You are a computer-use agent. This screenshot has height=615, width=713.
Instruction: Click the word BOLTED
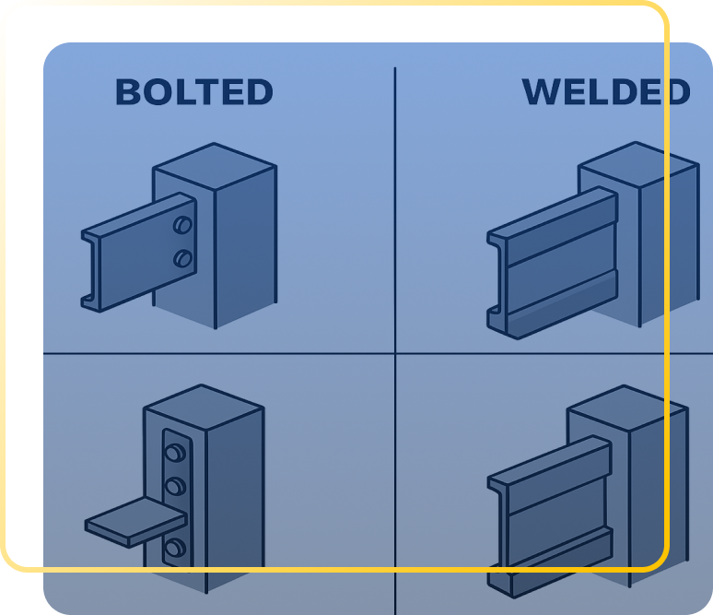[x=194, y=92]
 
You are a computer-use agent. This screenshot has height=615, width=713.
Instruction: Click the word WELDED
[x=606, y=92]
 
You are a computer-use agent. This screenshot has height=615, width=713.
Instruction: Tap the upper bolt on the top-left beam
[x=182, y=225]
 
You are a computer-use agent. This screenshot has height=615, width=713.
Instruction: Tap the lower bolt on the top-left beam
[x=182, y=258]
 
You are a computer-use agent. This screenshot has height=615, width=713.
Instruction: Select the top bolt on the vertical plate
[x=175, y=453]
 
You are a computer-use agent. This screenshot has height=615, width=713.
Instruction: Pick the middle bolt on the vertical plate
[x=175, y=486]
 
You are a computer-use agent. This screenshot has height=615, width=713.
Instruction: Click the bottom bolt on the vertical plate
[x=175, y=547]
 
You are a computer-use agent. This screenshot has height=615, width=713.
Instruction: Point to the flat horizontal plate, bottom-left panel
[x=135, y=522]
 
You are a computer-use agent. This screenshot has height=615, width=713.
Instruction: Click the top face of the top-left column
[x=214, y=166]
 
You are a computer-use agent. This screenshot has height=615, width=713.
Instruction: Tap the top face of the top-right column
[x=638, y=164]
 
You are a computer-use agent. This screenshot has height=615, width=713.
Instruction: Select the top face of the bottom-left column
[x=204, y=407]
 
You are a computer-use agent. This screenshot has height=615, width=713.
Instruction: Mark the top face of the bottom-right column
[x=626, y=408]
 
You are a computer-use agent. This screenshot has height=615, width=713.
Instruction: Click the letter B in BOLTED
[x=127, y=92]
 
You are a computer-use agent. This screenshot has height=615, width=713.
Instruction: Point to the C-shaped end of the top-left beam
[x=91, y=271]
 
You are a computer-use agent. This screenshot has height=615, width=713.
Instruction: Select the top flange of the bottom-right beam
[x=550, y=461]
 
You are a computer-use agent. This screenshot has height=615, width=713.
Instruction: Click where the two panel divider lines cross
[x=395, y=353]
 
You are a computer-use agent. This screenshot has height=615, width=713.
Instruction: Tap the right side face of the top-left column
[x=246, y=247]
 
